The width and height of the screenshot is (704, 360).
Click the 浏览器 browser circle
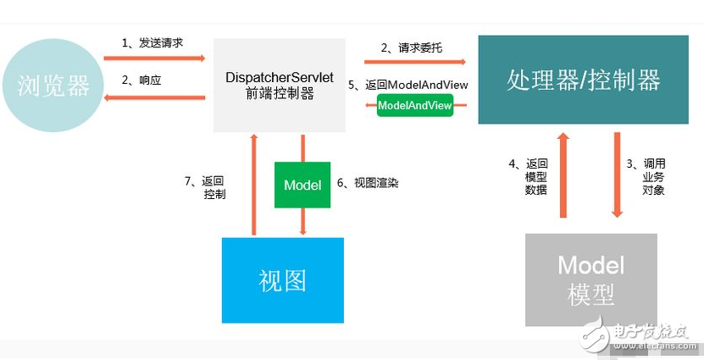pyautogui.click(x=53, y=84)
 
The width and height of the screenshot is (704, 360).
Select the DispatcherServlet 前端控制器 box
pyautogui.click(x=280, y=85)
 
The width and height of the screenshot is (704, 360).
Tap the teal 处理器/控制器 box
pyautogui.click(x=583, y=80)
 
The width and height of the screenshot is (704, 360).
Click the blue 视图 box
pyautogui.click(x=283, y=280)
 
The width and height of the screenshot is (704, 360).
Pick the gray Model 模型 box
pyautogui.click(x=590, y=280)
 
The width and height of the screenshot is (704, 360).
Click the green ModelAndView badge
pyautogui.click(x=414, y=105)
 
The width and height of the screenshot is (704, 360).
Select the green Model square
pyautogui.click(x=302, y=185)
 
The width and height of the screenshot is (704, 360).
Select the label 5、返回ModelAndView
pyautogui.click(x=408, y=85)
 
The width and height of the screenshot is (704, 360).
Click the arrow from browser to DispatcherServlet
pyautogui.click(x=154, y=58)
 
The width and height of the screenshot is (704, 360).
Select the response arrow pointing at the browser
pyautogui.click(x=154, y=97)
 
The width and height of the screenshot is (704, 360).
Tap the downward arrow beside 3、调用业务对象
pyautogui.click(x=617, y=174)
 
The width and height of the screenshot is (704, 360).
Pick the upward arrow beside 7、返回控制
pyautogui.click(x=253, y=183)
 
